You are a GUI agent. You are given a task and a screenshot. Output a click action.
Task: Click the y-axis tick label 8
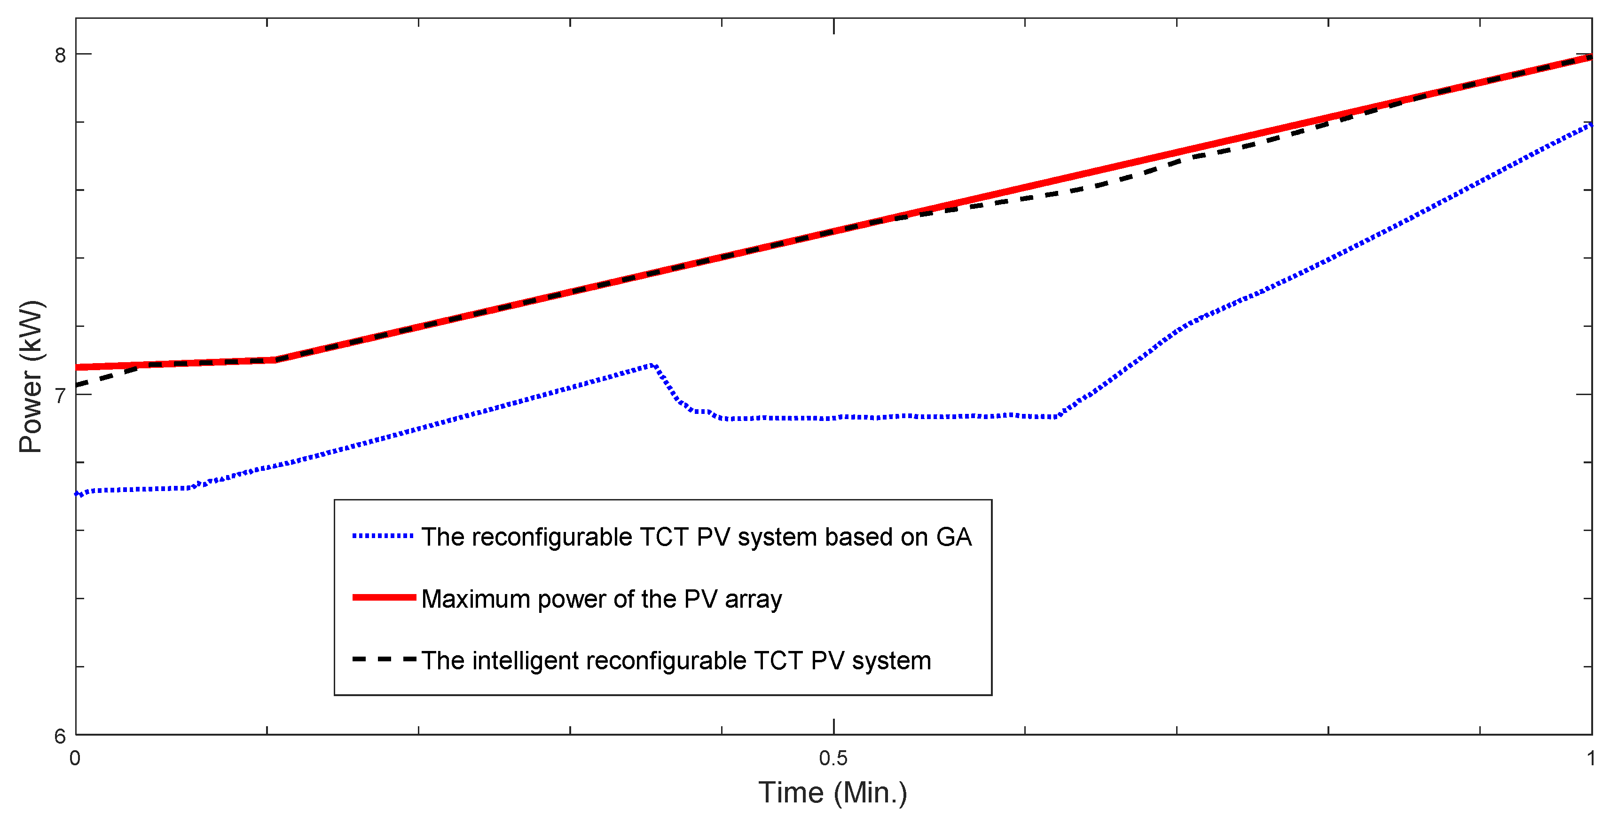click(60, 56)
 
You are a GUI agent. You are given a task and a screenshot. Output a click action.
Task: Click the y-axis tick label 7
click(60, 396)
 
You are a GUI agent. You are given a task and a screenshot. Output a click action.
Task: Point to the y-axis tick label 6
click(60, 736)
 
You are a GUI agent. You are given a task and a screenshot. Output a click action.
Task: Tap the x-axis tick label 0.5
click(833, 759)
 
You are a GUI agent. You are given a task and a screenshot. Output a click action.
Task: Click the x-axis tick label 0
click(75, 759)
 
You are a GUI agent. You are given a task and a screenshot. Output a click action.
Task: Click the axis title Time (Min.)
click(833, 793)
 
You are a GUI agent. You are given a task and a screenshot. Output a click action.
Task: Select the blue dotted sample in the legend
click(383, 536)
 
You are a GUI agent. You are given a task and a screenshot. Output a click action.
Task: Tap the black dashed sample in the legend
click(383, 659)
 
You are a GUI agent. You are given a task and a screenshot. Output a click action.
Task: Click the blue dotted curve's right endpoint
click(1590, 125)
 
